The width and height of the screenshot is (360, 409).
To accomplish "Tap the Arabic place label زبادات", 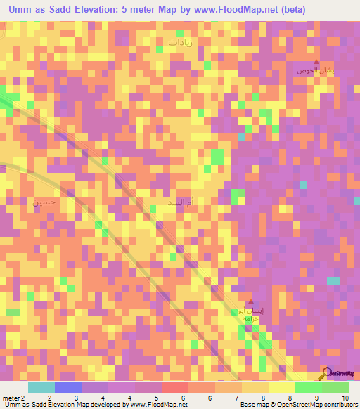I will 185,42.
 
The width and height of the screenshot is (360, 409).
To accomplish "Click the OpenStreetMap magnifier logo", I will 327,373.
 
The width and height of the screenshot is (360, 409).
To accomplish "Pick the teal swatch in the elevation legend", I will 41,387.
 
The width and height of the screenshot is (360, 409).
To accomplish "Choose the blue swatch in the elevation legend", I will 68,387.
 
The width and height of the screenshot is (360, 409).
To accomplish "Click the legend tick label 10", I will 344,398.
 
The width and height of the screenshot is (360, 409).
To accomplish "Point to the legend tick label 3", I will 76,398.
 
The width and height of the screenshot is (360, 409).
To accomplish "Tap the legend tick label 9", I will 317,398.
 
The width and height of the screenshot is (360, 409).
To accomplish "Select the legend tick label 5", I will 156,398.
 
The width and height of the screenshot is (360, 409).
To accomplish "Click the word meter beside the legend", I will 10,398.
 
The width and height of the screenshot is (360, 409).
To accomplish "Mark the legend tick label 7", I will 237,398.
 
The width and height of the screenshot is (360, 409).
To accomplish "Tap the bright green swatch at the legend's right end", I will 335,387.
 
